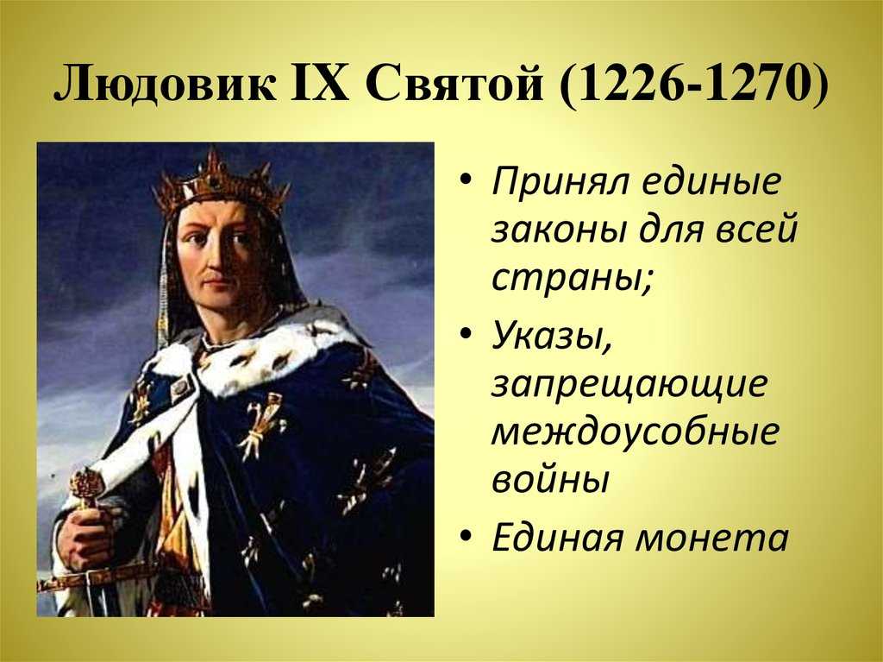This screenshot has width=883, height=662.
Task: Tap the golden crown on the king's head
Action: click(x=220, y=183)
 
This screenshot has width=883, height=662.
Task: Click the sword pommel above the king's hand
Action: click(x=87, y=485)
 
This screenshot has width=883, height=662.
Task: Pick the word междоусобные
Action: click(x=636, y=432)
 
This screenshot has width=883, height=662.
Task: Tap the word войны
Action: click(x=550, y=481)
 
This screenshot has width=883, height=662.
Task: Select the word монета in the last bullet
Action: click(x=711, y=539)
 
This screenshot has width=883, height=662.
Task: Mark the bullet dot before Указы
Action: click(x=465, y=334)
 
